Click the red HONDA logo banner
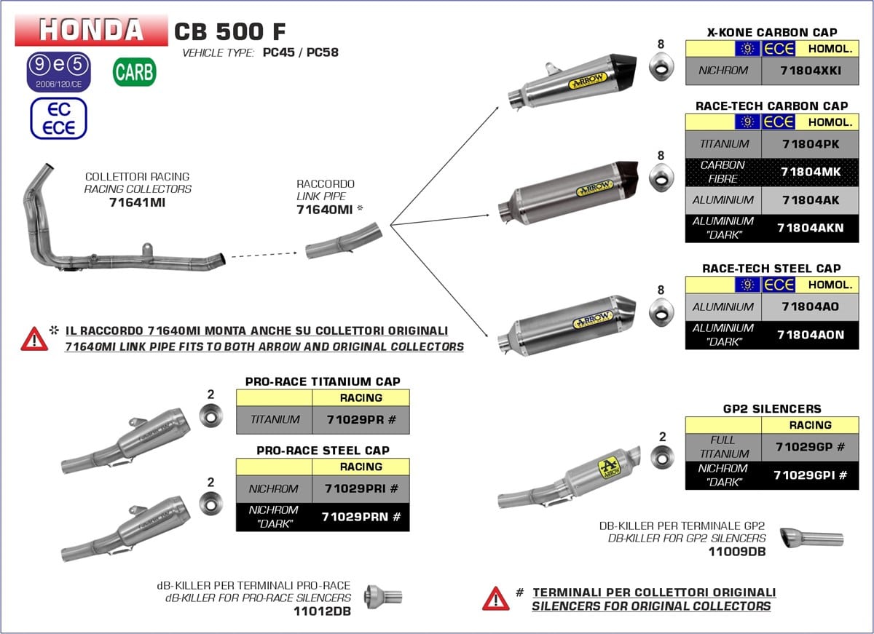coord(91,31)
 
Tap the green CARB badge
coord(134,72)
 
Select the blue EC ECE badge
coord(58,119)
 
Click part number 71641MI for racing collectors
coord(138,202)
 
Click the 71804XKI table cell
coord(810,71)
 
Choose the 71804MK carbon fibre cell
coord(810,172)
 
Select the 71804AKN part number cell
coord(810,228)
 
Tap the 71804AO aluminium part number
coord(810,307)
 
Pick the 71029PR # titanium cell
coord(361,419)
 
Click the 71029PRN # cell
coord(361,517)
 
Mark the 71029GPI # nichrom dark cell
coord(810,475)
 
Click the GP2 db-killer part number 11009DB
coord(736,552)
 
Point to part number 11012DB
coord(322,611)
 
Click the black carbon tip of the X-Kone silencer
coord(623,71)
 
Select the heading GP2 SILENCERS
coord(772,408)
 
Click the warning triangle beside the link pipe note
coord(34,338)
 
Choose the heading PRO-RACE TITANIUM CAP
coord(323,381)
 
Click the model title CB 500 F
coord(230,31)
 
